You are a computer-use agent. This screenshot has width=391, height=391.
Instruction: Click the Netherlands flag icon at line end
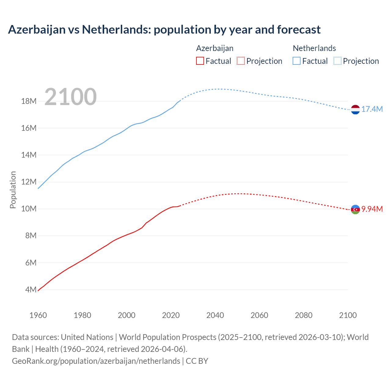[355, 109]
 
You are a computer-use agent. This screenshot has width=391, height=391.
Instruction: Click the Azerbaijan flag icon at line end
[355, 209]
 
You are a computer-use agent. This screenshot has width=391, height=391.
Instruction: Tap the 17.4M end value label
[372, 109]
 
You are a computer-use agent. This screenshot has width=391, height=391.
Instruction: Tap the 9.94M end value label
[372, 209]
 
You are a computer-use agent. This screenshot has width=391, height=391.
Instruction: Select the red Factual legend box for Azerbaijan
[200, 61]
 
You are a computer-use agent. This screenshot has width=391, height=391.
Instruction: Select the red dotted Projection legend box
[241, 61]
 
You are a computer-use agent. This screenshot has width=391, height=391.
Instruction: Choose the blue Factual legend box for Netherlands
[297, 61]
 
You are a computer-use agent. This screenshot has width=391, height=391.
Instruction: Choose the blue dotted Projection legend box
[338, 61]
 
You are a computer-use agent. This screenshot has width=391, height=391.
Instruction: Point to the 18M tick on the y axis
[29, 101]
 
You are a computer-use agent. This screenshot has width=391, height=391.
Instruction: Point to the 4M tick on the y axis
[31, 290]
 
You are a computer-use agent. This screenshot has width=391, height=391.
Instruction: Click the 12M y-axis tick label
[29, 182]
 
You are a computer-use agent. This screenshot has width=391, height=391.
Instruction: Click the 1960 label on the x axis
[38, 315]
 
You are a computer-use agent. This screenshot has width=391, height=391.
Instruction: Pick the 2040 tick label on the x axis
[215, 315]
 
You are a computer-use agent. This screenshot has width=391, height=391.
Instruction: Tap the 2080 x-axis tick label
[304, 315]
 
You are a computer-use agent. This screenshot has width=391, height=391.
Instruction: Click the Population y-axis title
[13, 190]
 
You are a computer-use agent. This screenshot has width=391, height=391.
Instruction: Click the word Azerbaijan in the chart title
[37, 30]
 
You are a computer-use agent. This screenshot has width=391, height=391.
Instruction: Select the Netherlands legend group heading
[314, 48]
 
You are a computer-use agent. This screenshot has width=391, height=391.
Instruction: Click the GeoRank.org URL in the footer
[96, 361]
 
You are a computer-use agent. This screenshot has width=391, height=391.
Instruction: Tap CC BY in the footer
[197, 361]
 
